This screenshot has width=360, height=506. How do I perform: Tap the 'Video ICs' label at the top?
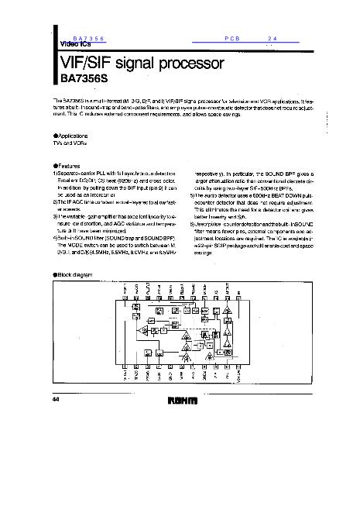[x=75, y=45]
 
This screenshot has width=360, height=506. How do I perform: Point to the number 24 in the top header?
[x=272, y=38]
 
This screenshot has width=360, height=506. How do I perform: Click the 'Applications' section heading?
[x=73, y=135]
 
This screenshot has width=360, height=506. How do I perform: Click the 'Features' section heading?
[x=70, y=165]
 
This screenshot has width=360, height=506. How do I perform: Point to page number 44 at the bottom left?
[x=56, y=398]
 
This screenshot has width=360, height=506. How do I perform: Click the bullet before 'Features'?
[x=54, y=165]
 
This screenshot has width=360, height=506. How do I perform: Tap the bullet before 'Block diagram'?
[x=54, y=274]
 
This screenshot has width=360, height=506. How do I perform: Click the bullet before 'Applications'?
[x=54, y=135]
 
